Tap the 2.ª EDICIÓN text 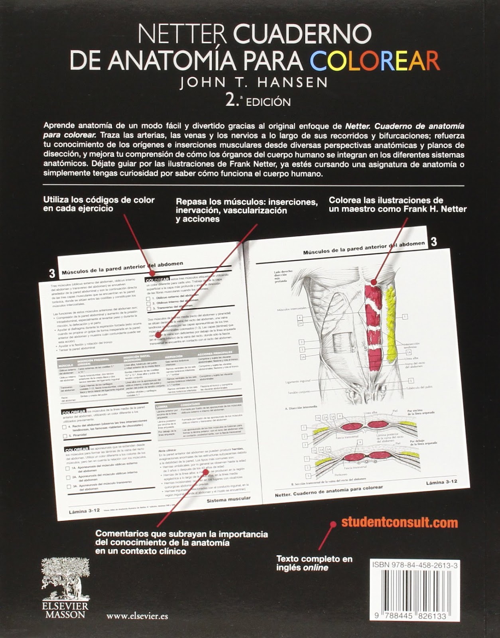(x=258, y=101)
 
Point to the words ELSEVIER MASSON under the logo (x=65, y=610)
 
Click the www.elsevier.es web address (x=137, y=616)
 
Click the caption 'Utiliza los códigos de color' (x=98, y=204)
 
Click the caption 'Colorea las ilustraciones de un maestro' (x=397, y=205)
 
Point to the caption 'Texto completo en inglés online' (x=314, y=563)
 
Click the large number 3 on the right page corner (x=434, y=241)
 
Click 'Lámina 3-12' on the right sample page (x=441, y=482)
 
